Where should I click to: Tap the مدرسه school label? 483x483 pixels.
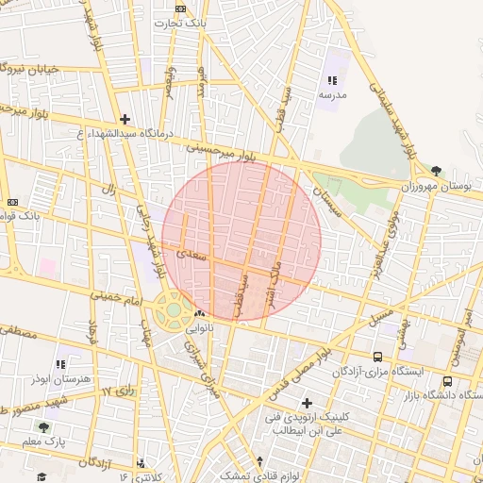(x=331, y=95)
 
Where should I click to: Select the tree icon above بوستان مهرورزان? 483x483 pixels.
(x=435, y=171)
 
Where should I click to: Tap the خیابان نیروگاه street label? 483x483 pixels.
(x=38, y=69)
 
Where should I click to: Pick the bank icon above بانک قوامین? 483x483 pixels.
(x=12, y=202)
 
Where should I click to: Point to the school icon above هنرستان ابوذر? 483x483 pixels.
(x=61, y=363)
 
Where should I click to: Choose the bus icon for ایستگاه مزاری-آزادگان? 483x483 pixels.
(x=377, y=357)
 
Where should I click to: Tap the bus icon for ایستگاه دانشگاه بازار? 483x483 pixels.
(x=447, y=381)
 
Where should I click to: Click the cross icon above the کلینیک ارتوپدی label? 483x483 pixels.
(x=306, y=403)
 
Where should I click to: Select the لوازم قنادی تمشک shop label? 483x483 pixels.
(x=247, y=476)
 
